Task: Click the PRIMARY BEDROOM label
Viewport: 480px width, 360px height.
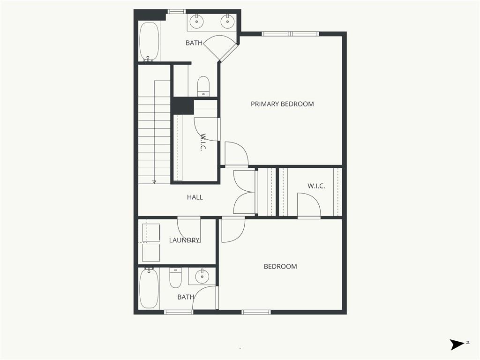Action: coord(282,104)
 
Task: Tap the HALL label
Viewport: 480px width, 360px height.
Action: coord(195,197)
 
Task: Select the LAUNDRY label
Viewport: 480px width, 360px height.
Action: coord(184,240)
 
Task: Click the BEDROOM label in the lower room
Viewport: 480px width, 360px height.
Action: coord(280,267)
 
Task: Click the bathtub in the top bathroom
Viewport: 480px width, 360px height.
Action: coord(150,42)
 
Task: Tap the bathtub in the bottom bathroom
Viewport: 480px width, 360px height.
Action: coord(149,288)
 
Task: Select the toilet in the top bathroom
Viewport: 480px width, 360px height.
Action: coord(203,86)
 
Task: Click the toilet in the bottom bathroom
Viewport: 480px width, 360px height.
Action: coord(175,277)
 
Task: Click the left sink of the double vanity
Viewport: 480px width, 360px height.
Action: coord(196,21)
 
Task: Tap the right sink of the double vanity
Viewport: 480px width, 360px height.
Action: coord(227,21)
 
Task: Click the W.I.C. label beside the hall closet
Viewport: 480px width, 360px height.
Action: coord(316,186)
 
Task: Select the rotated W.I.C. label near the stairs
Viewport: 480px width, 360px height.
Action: coord(202,142)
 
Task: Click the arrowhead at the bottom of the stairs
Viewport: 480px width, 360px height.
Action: coord(154,182)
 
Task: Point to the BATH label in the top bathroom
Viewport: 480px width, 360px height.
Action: coord(194,43)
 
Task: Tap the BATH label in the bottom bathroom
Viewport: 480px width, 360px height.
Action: coord(186,297)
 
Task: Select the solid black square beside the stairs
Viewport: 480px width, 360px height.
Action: coord(182,106)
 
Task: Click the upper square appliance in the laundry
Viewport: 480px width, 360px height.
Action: coord(151,232)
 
